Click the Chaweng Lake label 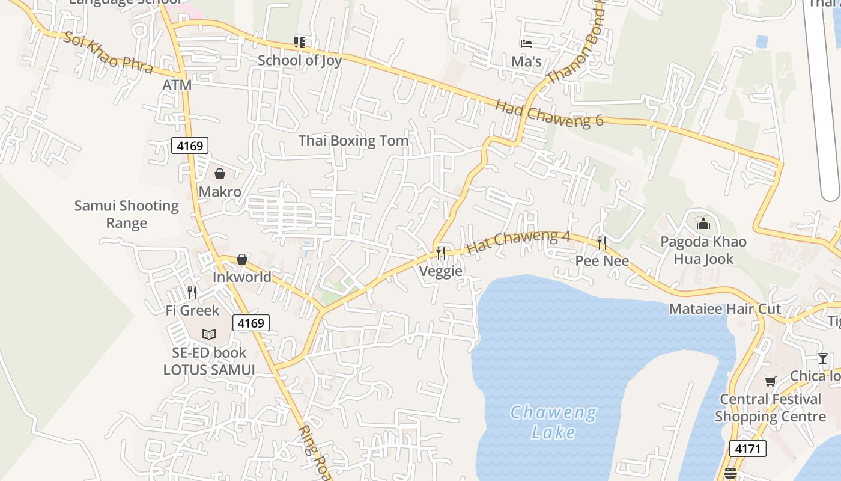click(x=553, y=422)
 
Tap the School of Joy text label click(x=299, y=60)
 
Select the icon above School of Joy click(x=299, y=42)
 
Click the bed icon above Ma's click(x=526, y=43)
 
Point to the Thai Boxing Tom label click(x=353, y=141)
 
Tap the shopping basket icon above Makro click(x=220, y=174)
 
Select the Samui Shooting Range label click(x=127, y=215)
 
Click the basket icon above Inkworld click(x=242, y=259)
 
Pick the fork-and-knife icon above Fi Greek click(x=192, y=293)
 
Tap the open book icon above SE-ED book click(x=209, y=334)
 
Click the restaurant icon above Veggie click(x=441, y=253)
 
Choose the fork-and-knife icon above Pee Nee click(x=602, y=242)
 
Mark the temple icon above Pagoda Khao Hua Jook click(x=703, y=224)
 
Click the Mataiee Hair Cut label click(x=725, y=309)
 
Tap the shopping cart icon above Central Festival click(x=771, y=381)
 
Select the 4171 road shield click(x=748, y=448)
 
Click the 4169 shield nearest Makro click(x=190, y=146)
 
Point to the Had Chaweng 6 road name click(x=549, y=114)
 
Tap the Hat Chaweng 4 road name click(x=518, y=242)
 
